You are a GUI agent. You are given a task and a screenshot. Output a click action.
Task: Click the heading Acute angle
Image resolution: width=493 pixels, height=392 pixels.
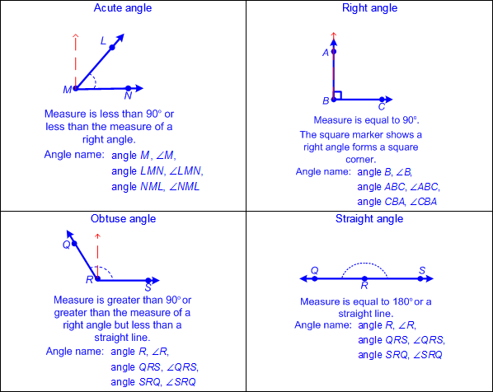tap(123, 8)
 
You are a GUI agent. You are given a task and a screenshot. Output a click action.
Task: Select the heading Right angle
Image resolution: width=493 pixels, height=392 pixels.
tap(369, 8)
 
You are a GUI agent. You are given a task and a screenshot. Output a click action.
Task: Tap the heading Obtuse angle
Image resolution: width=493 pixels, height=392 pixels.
tap(124, 218)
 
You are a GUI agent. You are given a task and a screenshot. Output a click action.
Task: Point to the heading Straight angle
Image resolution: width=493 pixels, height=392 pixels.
tap(369, 218)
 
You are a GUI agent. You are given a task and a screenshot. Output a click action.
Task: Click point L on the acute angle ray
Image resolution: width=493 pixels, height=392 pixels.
tap(112, 48)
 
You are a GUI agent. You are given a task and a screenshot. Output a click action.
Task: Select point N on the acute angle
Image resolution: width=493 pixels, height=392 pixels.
tap(128, 88)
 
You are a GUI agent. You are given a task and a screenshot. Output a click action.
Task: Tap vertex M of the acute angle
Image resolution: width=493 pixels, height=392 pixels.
tap(76, 89)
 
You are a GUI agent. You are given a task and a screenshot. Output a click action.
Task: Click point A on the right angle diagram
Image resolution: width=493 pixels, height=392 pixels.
tap(334, 52)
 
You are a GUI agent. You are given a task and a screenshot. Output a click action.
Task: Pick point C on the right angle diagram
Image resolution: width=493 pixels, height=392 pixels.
tap(382, 100)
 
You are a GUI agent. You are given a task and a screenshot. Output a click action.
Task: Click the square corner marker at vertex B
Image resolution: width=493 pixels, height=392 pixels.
tap(338, 96)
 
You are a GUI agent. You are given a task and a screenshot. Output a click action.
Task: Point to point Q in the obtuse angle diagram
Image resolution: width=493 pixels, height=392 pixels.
tap(74, 244)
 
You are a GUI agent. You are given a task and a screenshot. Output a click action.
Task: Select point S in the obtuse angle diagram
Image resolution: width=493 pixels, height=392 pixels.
tap(148, 280)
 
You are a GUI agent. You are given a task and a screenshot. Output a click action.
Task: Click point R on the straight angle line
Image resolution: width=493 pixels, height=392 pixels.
tap(364, 278)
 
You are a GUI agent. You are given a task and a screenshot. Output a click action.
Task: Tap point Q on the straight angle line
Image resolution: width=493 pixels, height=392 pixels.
tap(315, 278)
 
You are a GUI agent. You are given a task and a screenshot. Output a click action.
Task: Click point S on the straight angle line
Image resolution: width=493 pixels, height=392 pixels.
tap(420, 278)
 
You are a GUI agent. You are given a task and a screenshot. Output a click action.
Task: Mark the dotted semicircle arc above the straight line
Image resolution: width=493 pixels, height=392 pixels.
tap(364, 263)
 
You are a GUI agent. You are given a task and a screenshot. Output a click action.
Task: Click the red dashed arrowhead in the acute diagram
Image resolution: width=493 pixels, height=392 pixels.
tap(76, 36)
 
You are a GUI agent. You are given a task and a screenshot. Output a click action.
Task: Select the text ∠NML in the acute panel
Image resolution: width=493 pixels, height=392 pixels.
tap(184, 187)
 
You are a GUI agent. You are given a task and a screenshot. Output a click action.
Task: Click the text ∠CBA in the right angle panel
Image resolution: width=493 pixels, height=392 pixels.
tap(423, 202)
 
